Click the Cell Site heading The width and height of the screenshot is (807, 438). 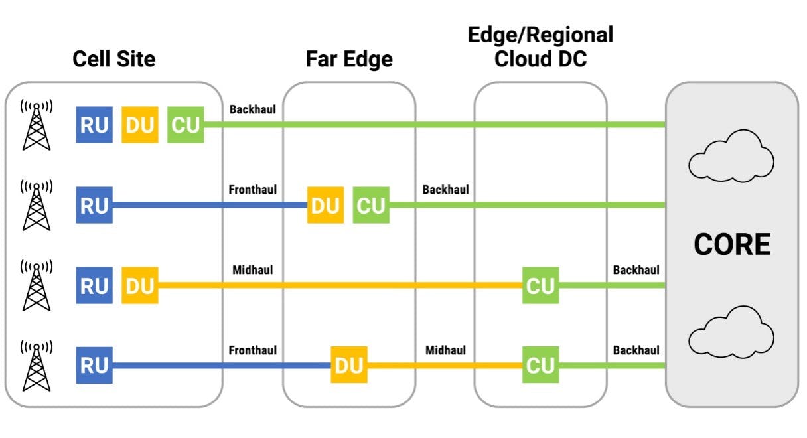pyautogui.click(x=113, y=59)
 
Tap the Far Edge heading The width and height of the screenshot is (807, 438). pyautogui.click(x=349, y=59)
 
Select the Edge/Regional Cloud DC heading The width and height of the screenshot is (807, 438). pyautogui.click(x=541, y=46)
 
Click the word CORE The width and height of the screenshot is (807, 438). pyautogui.click(x=732, y=245)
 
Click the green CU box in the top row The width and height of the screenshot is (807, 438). pyautogui.click(x=185, y=124)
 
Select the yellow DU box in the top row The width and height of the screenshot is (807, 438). pyautogui.click(x=139, y=124)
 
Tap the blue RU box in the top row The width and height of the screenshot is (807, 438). pyautogui.click(x=94, y=124)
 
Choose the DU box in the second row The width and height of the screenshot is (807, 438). pyautogui.click(x=325, y=205)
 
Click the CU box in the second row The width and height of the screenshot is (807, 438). pyautogui.click(x=371, y=205)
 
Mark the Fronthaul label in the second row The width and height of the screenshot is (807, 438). pyautogui.click(x=253, y=190)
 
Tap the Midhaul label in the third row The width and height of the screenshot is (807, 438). pyautogui.click(x=253, y=270)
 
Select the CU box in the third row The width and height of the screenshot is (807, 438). pyautogui.click(x=540, y=285)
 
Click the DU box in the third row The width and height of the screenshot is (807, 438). pyautogui.click(x=139, y=285)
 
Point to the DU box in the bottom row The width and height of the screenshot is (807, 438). pyautogui.click(x=349, y=365)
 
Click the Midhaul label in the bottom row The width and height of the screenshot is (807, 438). pyautogui.click(x=445, y=350)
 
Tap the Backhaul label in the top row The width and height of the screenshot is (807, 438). pyautogui.click(x=252, y=109)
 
